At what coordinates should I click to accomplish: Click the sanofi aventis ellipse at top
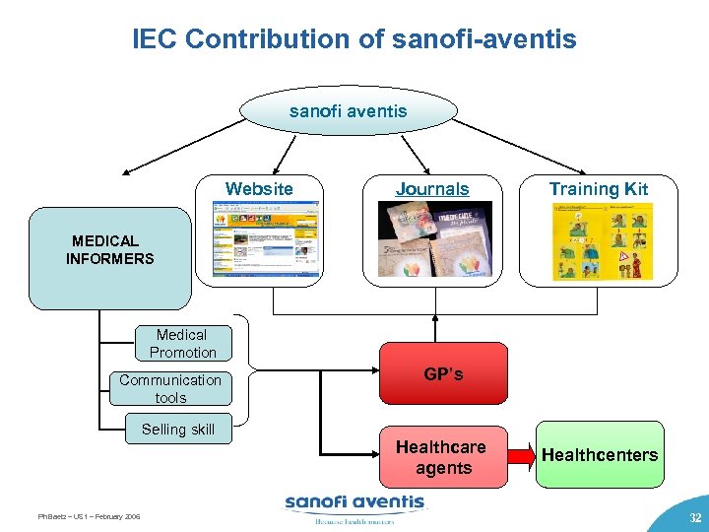348,111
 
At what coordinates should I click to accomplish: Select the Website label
259,189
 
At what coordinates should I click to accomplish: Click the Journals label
432,189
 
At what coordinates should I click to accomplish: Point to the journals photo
434,242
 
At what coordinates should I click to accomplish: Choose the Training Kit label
599,189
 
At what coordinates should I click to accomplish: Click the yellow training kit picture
602,242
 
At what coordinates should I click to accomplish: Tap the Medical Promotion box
183,343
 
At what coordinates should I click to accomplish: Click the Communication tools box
171,388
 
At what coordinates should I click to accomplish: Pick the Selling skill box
178,430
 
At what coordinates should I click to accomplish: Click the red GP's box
443,374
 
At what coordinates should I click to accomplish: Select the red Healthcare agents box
443,457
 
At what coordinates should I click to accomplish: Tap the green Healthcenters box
601,455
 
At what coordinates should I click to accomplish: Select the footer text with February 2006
89,516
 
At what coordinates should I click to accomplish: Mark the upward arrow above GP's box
434,326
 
